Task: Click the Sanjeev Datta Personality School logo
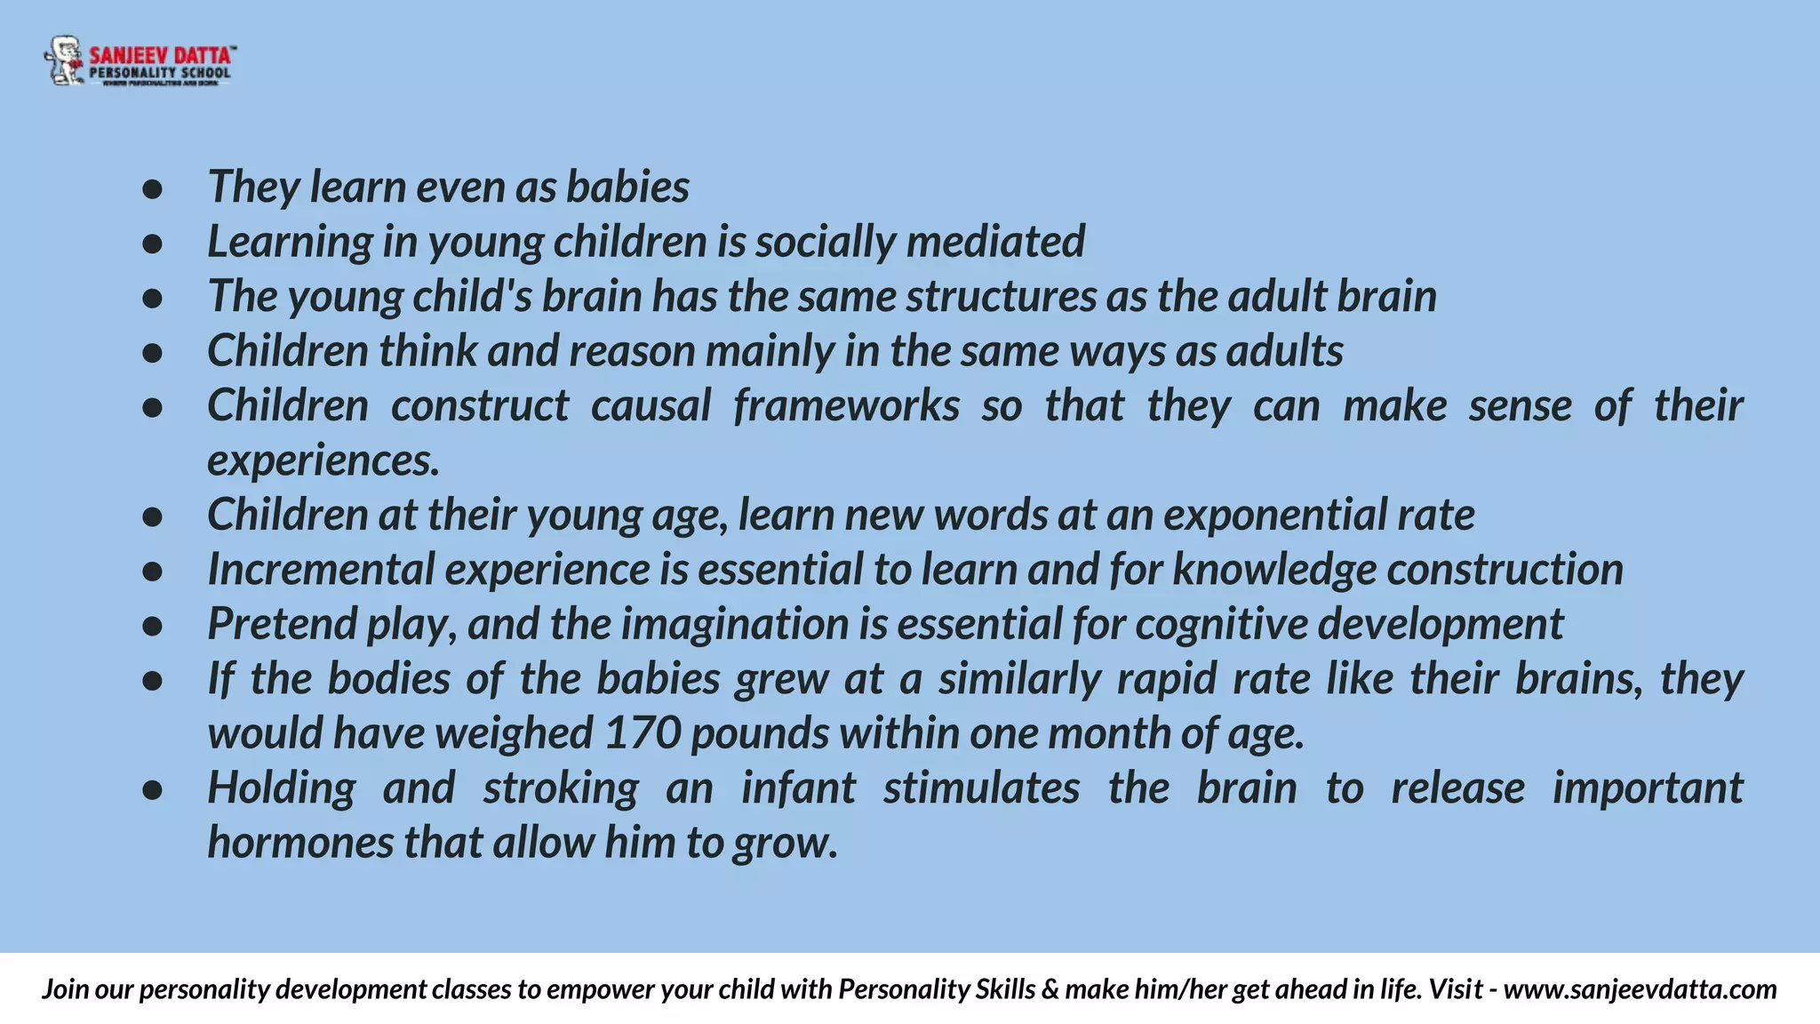[140, 61]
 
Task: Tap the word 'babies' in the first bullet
[627, 188]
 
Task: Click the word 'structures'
[1001, 297]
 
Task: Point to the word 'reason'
[632, 351]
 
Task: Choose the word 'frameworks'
[846, 406]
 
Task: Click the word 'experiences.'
[323, 461]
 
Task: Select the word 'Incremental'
[320, 570]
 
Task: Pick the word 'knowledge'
[1273, 570]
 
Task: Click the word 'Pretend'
[281, 624]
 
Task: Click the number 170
[643, 734]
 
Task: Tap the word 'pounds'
[760, 734]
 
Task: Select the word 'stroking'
[561, 789]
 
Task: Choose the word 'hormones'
[299, 844]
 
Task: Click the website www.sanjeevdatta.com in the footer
[1640, 989]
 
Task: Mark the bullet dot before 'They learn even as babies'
[152, 188]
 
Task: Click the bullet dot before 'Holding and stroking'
[152, 789]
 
